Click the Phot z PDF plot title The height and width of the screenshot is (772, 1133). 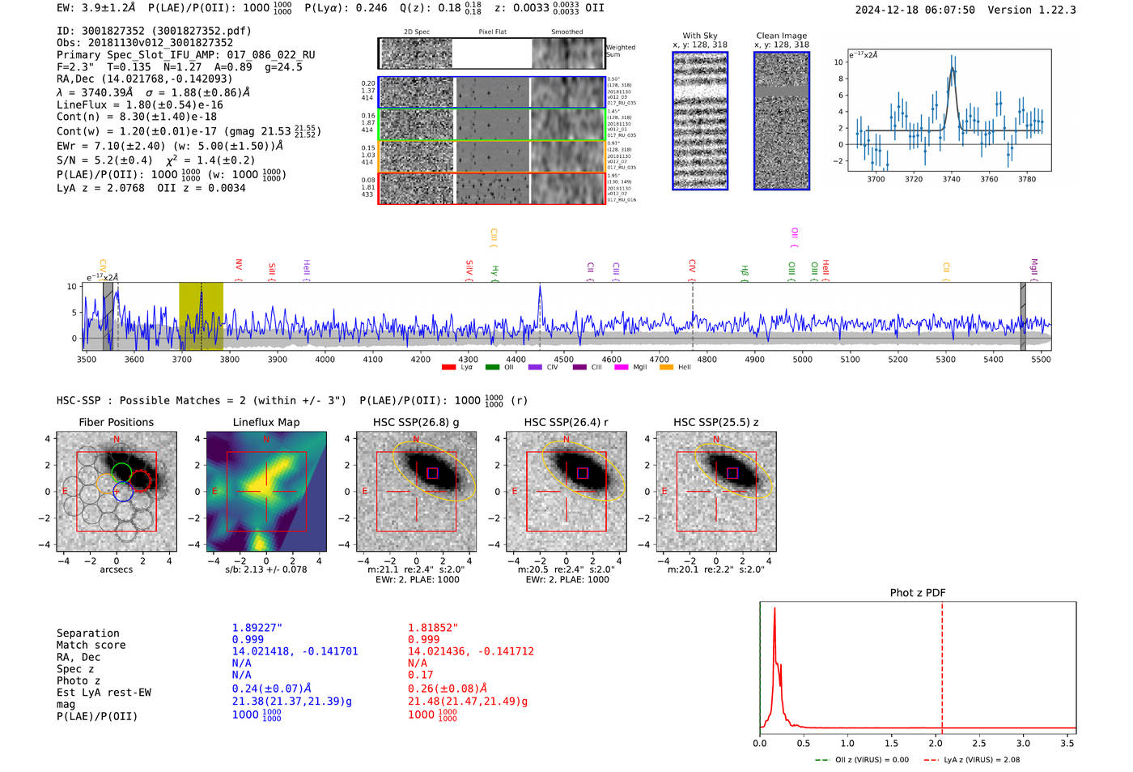pos(917,593)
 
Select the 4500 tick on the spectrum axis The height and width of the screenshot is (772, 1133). pos(564,360)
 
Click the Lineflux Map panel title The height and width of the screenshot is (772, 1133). pos(265,422)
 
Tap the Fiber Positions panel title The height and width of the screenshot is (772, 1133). pos(116,422)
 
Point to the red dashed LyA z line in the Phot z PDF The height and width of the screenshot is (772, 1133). pos(942,664)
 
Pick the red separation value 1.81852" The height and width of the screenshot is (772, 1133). pos(432,628)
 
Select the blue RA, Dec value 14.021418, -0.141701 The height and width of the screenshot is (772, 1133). pos(295,651)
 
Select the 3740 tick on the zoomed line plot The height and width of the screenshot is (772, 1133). pos(951,179)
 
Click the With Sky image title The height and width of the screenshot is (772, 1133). pos(699,36)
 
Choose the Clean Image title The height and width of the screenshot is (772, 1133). pos(781,36)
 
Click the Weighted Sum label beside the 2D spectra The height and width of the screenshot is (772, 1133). pos(620,51)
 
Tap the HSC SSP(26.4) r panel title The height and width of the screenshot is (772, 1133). pos(566,422)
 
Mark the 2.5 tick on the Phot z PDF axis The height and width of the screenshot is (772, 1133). pos(979,743)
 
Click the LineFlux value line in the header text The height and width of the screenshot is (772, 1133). pos(139,104)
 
